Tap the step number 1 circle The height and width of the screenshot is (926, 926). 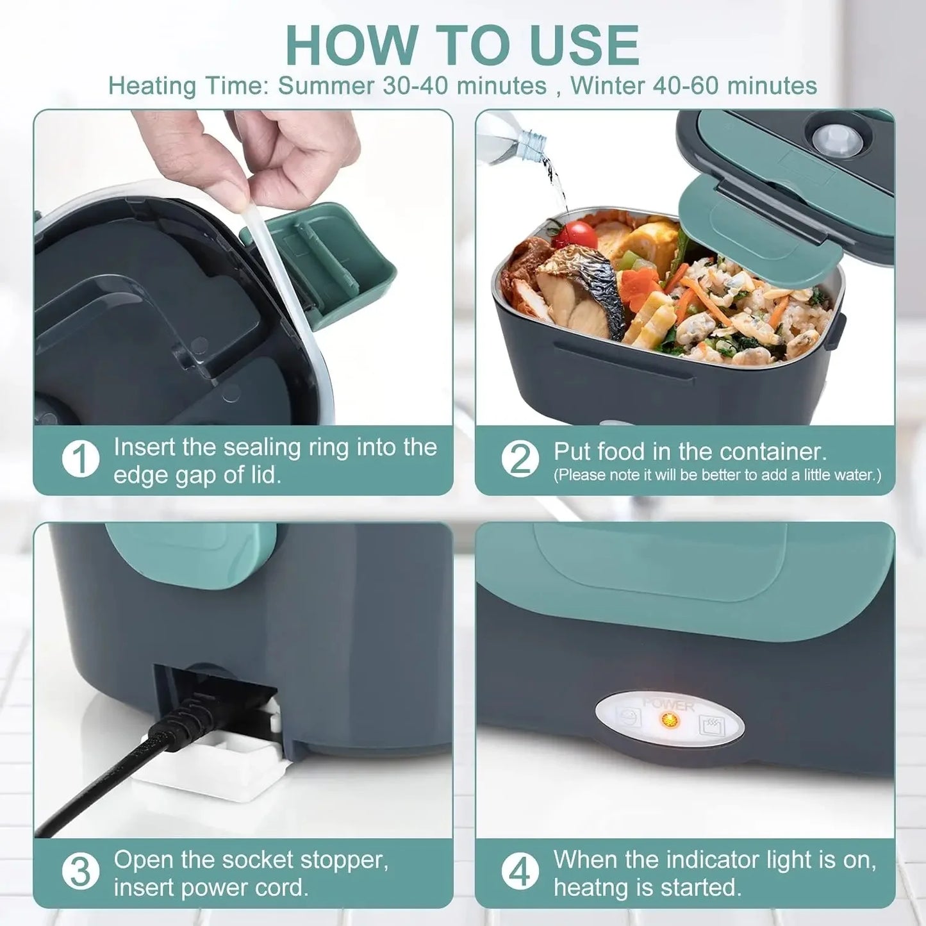tap(81, 459)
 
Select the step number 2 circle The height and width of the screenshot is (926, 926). tap(520, 459)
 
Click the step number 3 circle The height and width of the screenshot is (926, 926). tap(81, 872)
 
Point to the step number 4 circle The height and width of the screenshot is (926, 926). tap(520, 872)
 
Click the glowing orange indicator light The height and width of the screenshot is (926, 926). tap(670, 720)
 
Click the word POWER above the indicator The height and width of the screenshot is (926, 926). tap(668, 704)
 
